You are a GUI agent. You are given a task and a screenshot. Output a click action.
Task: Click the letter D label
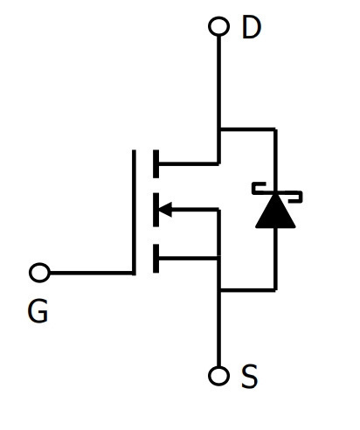coord(252,27)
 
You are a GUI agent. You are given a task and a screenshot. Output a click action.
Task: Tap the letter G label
coord(38,311)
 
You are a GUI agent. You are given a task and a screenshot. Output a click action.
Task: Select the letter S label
coord(250,376)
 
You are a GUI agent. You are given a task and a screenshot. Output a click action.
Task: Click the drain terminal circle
coord(218,26)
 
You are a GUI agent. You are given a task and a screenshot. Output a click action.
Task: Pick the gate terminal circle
coord(39,273)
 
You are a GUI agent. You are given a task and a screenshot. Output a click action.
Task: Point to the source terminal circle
coord(218,376)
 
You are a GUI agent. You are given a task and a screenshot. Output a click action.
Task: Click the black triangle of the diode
coord(275,212)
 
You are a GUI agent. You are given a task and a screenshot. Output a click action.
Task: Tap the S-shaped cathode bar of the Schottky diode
coord(277,192)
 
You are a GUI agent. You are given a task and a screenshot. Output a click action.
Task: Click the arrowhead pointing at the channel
coord(165,209)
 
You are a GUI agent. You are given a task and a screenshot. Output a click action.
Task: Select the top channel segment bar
coord(156,163)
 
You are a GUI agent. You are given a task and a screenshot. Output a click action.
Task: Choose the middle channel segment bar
coord(156,210)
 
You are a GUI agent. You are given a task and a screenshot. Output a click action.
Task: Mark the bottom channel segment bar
coord(156,259)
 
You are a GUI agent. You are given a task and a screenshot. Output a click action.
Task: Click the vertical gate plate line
coord(134,212)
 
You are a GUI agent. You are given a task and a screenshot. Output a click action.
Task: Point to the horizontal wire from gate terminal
coord(91,273)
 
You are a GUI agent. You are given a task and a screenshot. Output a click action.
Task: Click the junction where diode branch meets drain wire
coord(218,128)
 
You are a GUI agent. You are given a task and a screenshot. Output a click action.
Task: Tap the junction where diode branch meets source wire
coord(218,289)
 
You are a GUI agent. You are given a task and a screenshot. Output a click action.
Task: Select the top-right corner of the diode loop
coord(275,128)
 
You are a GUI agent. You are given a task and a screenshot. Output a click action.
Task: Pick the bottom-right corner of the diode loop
coord(275,289)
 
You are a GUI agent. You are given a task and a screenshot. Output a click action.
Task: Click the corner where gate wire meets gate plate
coord(134,273)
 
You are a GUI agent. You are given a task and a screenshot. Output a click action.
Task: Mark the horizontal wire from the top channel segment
coord(189,163)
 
